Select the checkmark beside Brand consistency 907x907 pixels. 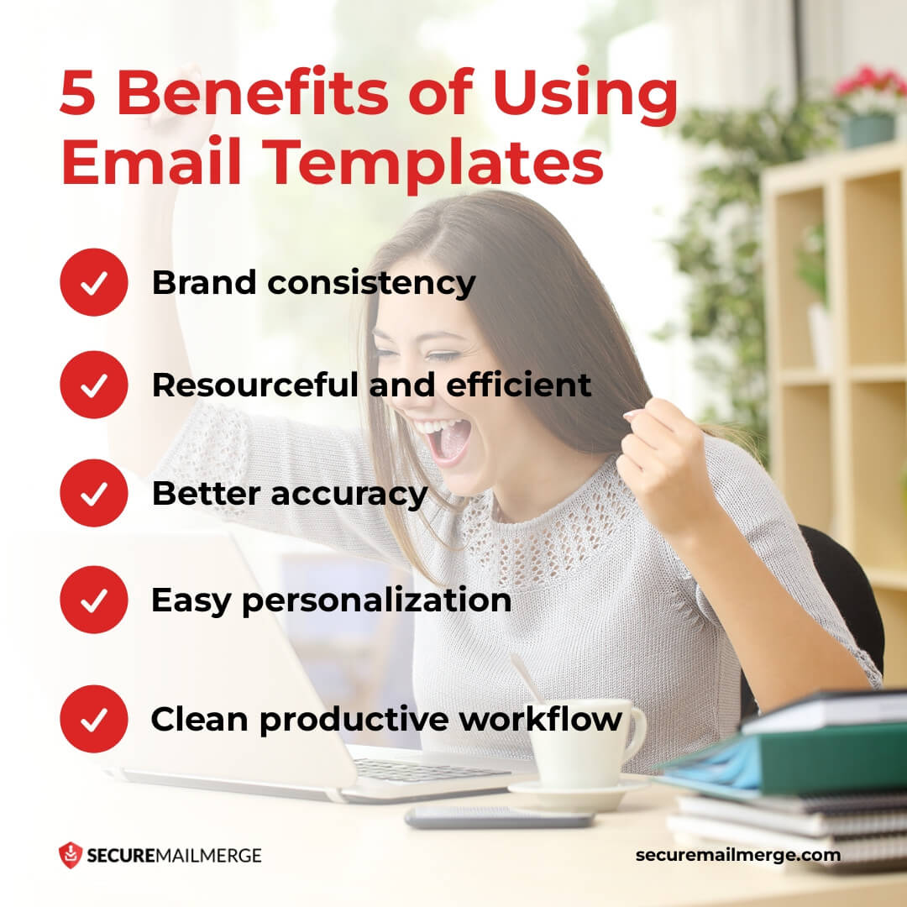tap(94, 283)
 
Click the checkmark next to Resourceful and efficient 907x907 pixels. tap(94, 385)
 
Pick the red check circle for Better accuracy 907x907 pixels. tap(94, 493)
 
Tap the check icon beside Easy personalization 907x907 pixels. tap(94, 600)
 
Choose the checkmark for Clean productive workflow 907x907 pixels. tap(94, 719)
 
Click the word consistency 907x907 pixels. tap(371, 283)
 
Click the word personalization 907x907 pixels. tap(376, 601)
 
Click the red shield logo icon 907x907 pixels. tap(70, 855)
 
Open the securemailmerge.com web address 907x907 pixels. tap(737, 855)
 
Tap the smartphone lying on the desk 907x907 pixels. tap(499, 817)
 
